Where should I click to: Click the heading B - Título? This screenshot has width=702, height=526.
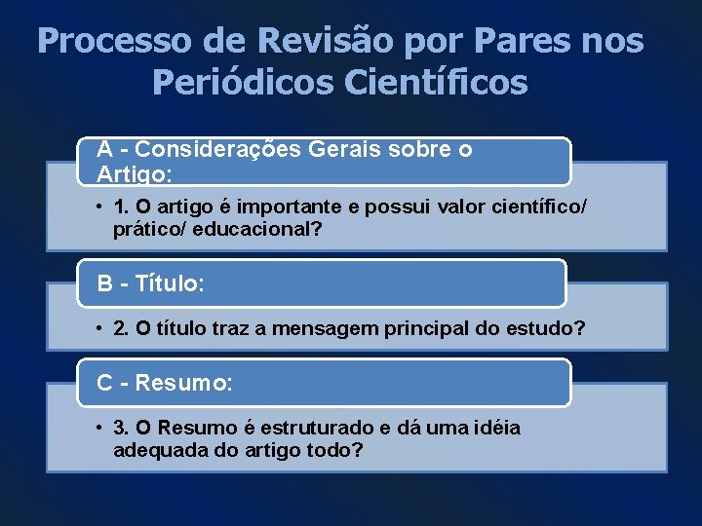click(x=150, y=284)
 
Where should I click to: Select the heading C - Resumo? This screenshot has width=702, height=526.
click(x=165, y=383)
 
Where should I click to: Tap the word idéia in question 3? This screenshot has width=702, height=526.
click(x=497, y=429)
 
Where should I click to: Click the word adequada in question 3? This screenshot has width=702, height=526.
click(x=155, y=451)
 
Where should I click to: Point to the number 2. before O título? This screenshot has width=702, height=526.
click(x=121, y=328)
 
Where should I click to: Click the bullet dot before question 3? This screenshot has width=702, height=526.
click(x=100, y=429)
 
